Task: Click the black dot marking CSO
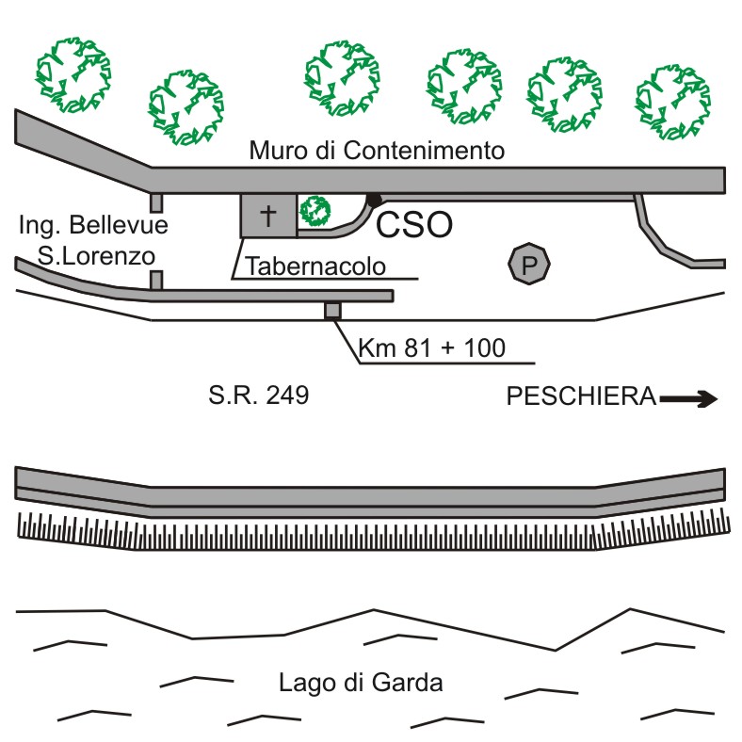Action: (x=374, y=200)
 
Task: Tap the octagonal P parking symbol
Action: (x=528, y=265)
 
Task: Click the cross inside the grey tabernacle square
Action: (x=268, y=216)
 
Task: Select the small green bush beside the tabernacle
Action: (x=315, y=211)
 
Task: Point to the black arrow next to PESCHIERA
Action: (x=688, y=399)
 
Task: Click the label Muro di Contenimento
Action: (x=377, y=151)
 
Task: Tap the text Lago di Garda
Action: (x=361, y=683)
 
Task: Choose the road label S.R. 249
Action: (x=259, y=396)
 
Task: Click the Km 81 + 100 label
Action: (x=432, y=349)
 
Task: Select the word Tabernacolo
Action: (x=315, y=267)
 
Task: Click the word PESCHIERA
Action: (x=581, y=396)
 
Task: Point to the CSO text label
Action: (x=415, y=226)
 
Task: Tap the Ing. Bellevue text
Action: (x=93, y=225)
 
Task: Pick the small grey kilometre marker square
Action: (x=331, y=311)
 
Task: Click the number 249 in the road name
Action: (x=287, y=396)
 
